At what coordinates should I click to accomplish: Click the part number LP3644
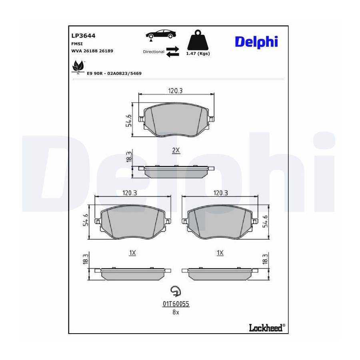pyautogui.click(x=83, y=36)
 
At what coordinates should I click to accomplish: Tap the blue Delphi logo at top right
pyautogui.click(x=256, y=42)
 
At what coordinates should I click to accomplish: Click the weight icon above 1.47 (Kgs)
pyautogui.click(x=198, y=40)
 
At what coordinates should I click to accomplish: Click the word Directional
pyautogui.click(x=154, y=52)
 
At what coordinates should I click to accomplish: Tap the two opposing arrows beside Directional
pyautogui.click(x=172, y=52)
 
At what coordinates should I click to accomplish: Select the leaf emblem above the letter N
pyautogui.click(x=78, y=66)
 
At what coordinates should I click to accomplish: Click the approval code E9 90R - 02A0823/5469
pyautogui.click(x=114, y=74)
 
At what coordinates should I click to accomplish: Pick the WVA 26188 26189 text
pyautogui.click(x=92, y=51)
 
